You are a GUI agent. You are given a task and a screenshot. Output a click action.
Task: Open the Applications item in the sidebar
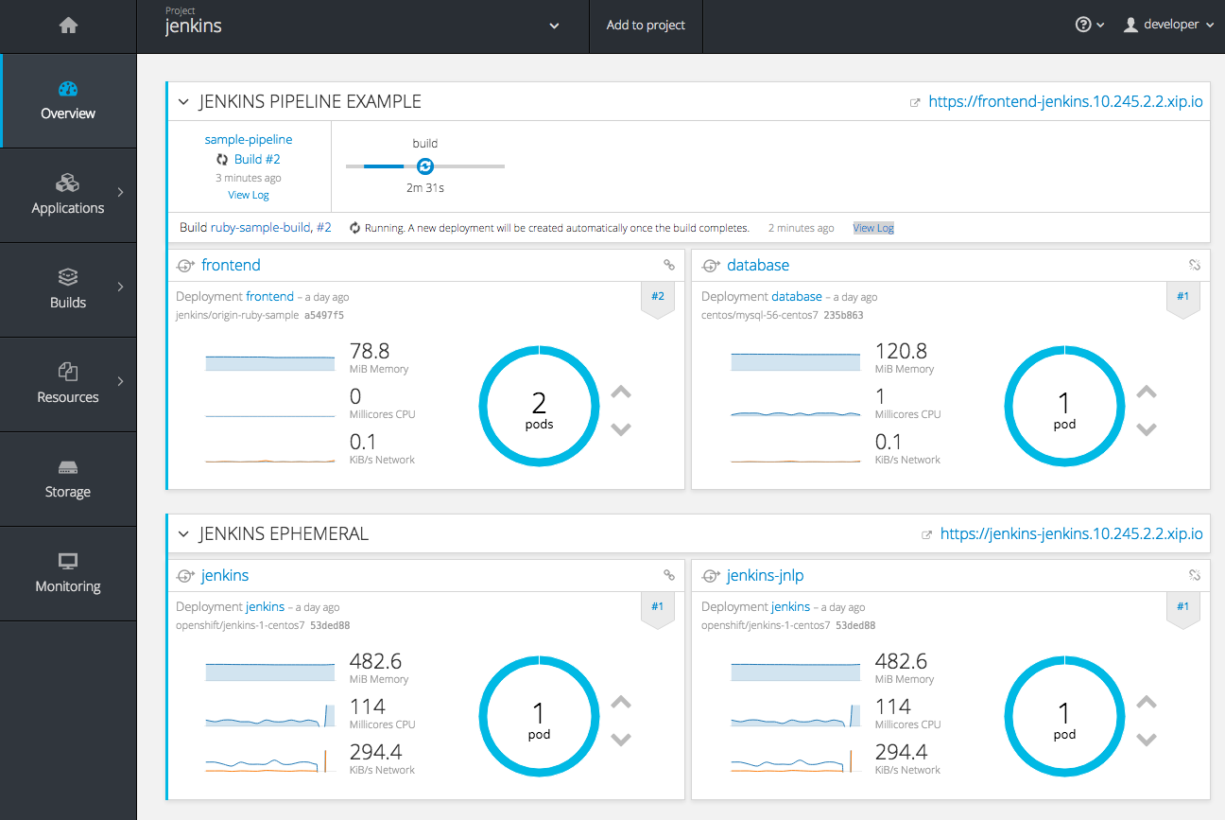68,195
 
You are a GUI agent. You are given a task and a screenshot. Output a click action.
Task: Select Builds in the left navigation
68,289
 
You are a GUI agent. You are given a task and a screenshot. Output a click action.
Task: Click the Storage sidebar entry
68,479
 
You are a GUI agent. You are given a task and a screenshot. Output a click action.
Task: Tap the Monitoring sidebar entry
68,573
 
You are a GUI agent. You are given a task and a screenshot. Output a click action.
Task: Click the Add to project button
646,26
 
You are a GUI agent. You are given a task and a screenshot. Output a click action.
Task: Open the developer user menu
1169,26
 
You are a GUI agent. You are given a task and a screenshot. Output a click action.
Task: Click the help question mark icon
1084,26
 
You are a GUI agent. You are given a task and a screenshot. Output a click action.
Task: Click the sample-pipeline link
249,140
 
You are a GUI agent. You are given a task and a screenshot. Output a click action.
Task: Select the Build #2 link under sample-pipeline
257,160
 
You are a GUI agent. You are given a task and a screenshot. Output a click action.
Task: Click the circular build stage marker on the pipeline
425,166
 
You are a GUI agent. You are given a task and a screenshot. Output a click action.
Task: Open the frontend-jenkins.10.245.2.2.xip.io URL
1065,102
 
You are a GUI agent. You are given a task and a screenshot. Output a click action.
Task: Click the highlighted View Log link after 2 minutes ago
872,228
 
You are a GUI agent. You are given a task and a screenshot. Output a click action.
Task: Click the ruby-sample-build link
261,228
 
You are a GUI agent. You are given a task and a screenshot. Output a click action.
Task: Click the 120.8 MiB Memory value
901,351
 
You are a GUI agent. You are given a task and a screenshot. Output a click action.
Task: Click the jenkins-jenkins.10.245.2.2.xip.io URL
1071,534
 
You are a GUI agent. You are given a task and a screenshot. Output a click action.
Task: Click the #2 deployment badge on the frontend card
658,297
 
